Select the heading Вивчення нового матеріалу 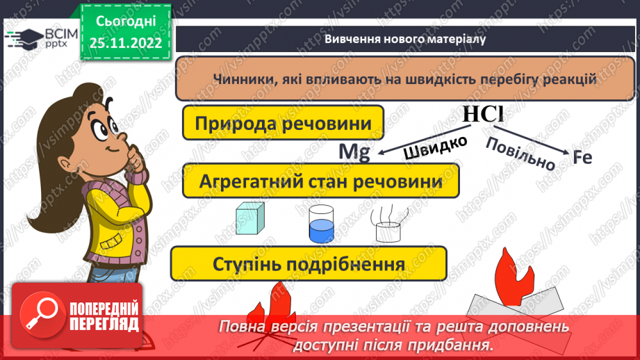tap(404, 39)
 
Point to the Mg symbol tap(353, 152)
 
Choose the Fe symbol tap(582, 158)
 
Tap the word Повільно tap(520, 153)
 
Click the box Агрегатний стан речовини tap(320, 181)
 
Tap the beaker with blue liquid tap(321, 223)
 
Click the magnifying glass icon tap(38, 316)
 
